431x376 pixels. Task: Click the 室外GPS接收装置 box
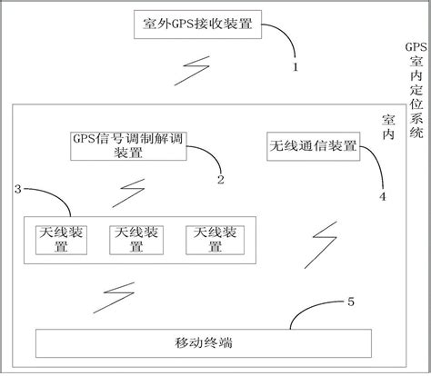pos(197,22)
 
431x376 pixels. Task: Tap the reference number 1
pos(295,66)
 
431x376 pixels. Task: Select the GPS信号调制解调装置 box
pos(126,145)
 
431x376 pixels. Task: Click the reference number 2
pos(219,179)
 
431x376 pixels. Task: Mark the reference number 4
pos(382,193)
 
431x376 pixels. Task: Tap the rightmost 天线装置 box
pos(215,240)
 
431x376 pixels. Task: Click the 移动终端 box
pos(203,344)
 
